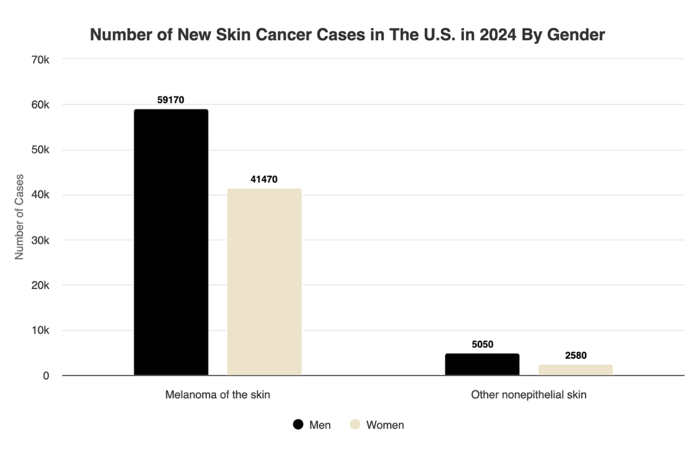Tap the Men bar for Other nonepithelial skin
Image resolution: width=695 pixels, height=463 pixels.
[482, 364]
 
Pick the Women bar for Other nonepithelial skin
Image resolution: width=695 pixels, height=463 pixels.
[576, 370]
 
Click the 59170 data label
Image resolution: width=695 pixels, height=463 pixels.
[171, 100]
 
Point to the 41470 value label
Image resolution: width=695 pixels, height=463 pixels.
[264, 179]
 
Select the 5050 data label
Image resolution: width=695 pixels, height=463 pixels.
[482, 344]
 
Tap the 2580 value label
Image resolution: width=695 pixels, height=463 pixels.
[576, 355]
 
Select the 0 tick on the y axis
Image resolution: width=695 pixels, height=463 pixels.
[46, 376]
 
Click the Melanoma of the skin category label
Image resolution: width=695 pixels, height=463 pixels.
[217, 395]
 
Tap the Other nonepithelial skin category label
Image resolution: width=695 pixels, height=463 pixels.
[528, 395]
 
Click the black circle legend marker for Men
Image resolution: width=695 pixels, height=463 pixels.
[298, 425]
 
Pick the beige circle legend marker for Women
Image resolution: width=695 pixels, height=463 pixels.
[355, 425]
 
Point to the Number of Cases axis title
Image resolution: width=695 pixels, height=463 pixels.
[19, 216]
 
